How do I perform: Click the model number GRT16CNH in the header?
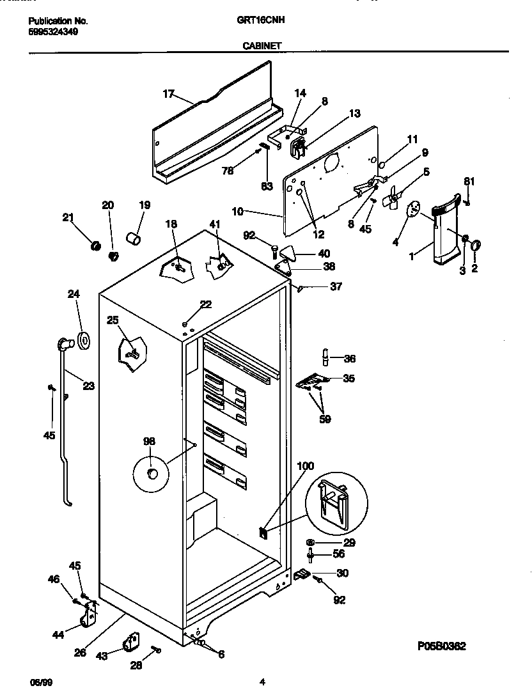260,20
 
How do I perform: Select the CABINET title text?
260,45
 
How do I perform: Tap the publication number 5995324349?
54,31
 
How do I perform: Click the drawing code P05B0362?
441,646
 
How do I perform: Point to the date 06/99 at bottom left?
40,682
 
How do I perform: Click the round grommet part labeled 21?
95,246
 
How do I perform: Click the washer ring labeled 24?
82,340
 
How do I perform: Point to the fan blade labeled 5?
391,199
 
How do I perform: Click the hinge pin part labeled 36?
326,355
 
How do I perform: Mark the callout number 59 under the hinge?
325,419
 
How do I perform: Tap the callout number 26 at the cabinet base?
80,652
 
